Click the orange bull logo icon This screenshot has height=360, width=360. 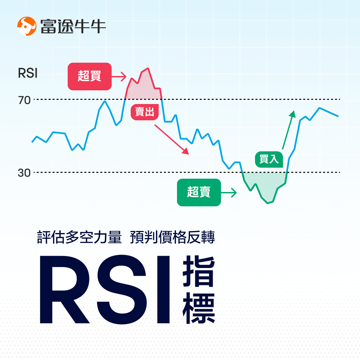pos(27,26)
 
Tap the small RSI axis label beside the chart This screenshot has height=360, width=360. pos(28,73)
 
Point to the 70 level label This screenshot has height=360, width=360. pos(24,100)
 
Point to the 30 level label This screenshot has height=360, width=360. pos(24,173)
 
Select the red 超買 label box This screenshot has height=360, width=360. pos(89,76)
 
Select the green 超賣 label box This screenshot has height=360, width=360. pos(199,192)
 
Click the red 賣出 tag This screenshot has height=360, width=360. pos(144,112)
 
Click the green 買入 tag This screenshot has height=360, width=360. pos(269,159)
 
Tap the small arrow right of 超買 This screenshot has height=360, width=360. pos(119,77)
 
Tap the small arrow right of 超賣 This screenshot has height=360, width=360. pos(229,192)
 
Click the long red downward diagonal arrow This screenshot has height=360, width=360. pos(171,139)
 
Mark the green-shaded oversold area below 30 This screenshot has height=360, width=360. pos(265,187)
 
